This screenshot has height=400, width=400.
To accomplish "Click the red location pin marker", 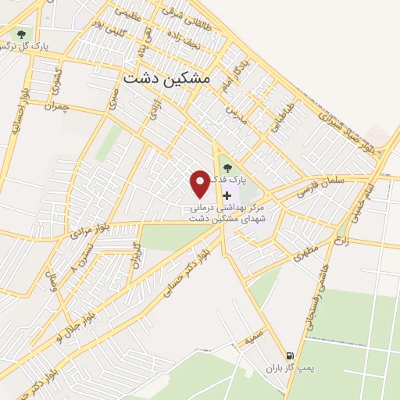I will (200, 184).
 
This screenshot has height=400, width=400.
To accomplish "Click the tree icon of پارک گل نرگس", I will (21, 34).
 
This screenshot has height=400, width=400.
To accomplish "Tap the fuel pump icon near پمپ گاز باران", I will (289, 355).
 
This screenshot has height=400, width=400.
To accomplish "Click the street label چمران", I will (58, 105).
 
